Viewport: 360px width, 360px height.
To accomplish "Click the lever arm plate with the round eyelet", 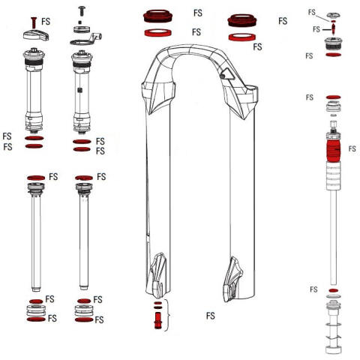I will (91, 38).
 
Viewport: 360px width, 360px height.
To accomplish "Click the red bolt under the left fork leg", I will (157, 321).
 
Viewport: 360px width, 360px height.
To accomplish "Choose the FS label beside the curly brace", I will (211, 316).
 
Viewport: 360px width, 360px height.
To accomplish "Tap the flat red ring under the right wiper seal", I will (241, 35).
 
